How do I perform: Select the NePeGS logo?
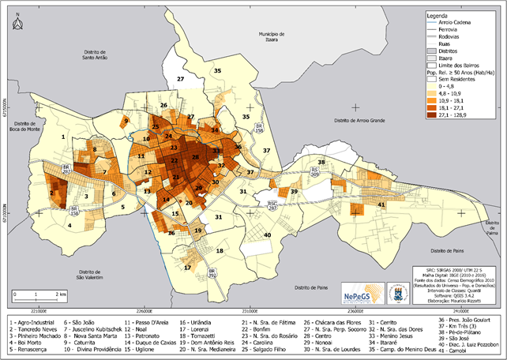360,293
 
